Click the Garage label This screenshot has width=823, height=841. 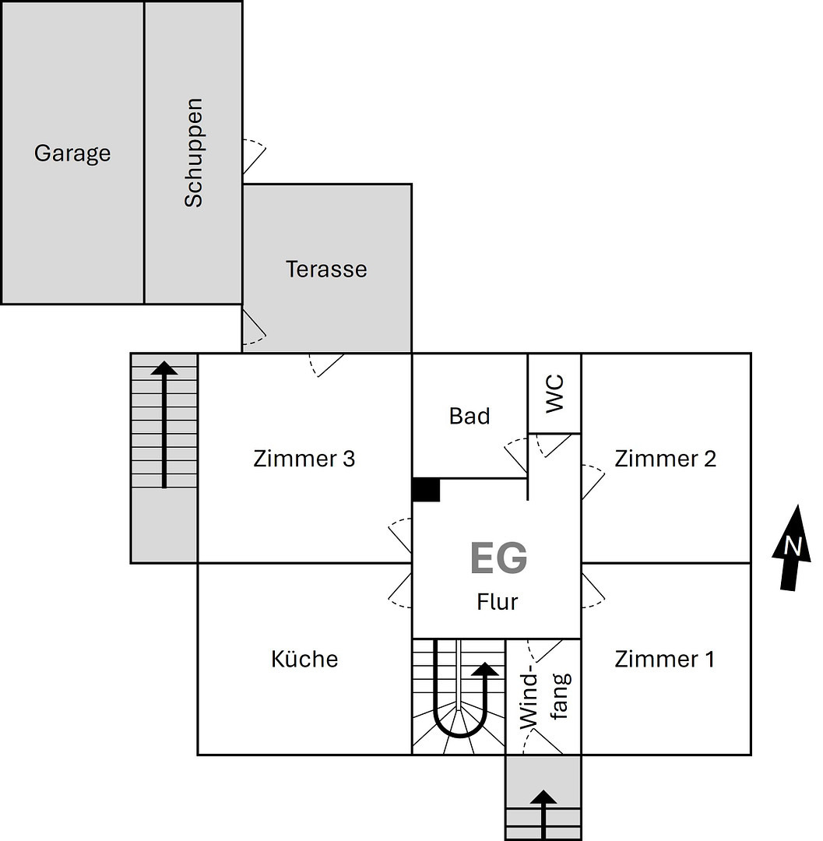pyautogui.click(x=72, y=153)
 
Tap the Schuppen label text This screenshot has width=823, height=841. pyautogui.click(x=193, y=153)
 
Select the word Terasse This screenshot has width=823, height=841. pyautogui.click(x=326, y=269)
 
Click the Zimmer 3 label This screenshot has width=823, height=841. pyautogui.click(x=304, y=459)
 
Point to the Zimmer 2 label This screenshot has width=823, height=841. pyautogui.click(x=665, y=459)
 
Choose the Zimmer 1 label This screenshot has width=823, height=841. pyautogui.click(x=664, y=660)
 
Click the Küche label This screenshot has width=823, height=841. pyautogui.click(x=304, y=660)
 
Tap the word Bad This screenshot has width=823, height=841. pyautogui.click(x=470, y=417)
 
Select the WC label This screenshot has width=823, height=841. pyautogui.click(x=554, y=394)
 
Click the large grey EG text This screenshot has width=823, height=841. pyautogui.click(x=498, y=558)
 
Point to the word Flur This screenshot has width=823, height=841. pyautogui.click(x=498, y=602)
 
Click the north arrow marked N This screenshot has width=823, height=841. pyautogui.click(x=791, y=547)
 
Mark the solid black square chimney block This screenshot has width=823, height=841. pyautogui.click(x=426, y=490)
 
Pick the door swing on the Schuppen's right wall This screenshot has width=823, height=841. pyautogui.click(x=254, y=157)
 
